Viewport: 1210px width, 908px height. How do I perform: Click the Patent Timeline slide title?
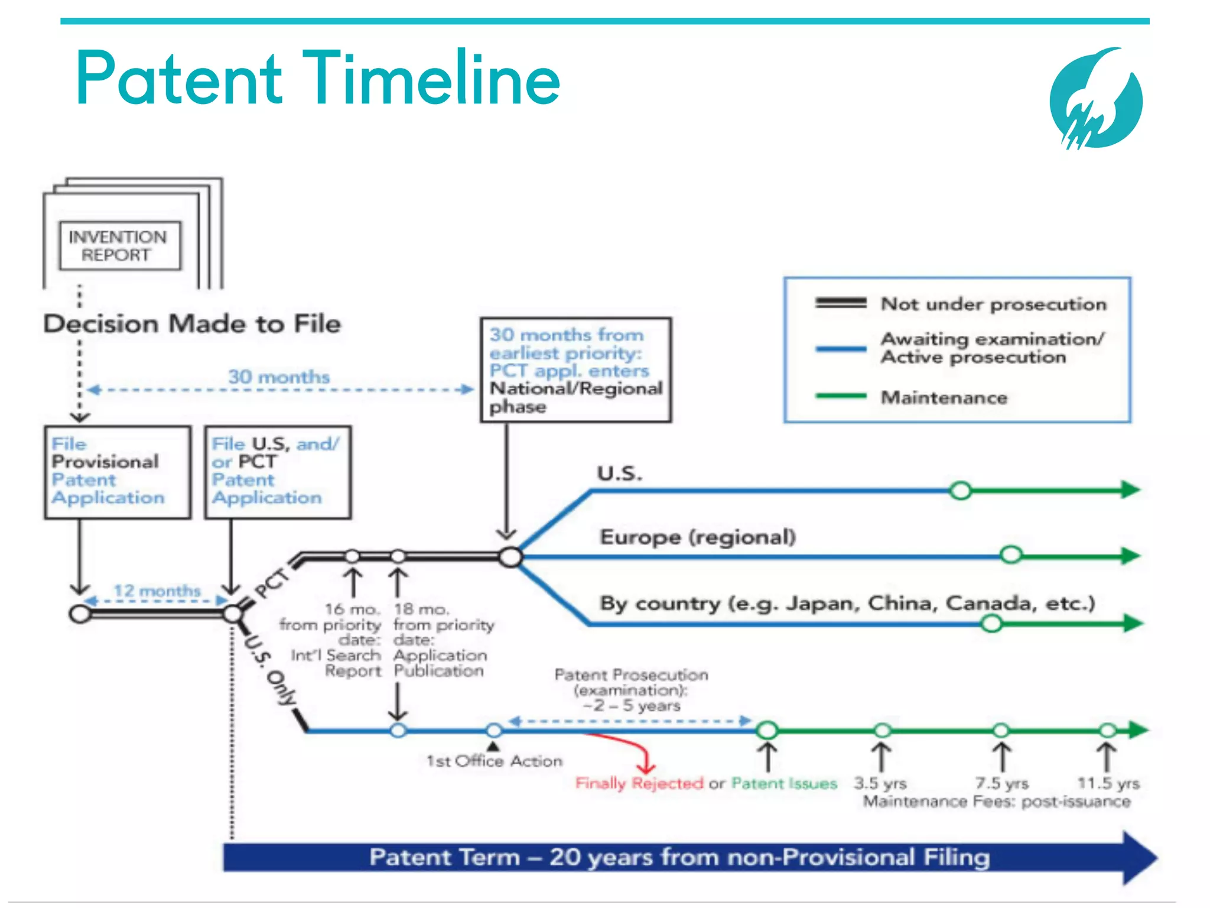[x=318, y=79]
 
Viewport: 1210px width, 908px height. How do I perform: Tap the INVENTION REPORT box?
[x=119, y=246]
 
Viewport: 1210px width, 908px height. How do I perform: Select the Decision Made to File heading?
[x=192, y=324]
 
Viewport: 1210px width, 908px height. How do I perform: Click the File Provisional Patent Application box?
[x=117, y=472]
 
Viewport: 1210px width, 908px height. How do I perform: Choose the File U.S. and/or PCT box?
[x=277, y=472]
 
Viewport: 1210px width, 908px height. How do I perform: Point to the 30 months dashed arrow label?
[x=279, y=377]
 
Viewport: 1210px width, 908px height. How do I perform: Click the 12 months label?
[x=157, y=590]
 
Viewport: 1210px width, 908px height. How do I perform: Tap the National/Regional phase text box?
[x=575, y=370]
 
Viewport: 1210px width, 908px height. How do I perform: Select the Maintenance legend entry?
[x=943, y=397]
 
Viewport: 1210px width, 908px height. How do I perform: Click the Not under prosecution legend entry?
[x=993, y=304]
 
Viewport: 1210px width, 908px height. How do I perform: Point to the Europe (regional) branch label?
[x=698, y=537]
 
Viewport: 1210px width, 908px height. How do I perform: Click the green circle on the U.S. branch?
[x=961, y=490]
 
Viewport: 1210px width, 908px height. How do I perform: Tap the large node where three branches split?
[x=510, y=556]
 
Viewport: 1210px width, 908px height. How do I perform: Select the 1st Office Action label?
[x=494, y=761]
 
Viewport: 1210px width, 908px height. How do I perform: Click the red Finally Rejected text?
[x=639, y=783]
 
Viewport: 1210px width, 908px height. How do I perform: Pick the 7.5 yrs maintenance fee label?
[x=1001, y=783]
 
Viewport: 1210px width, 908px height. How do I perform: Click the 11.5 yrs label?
[x=1108, y=783]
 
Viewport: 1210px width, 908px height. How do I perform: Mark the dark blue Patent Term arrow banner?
[x=679, y=857]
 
